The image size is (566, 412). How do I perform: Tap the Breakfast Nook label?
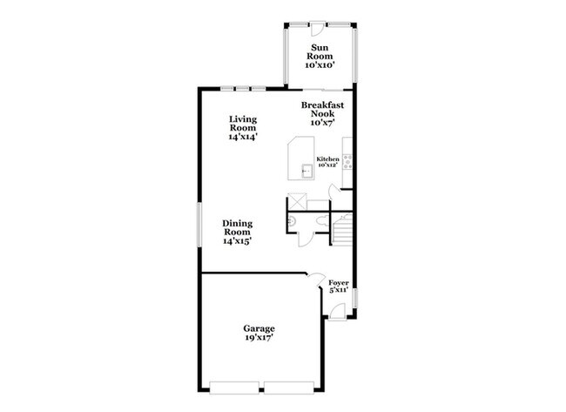pos(322,114)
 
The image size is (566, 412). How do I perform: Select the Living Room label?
pos(243,127)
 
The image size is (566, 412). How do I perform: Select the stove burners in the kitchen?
pos(347,160)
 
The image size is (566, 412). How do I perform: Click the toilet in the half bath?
pos(293,224)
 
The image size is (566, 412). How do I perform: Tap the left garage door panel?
pos(236,385)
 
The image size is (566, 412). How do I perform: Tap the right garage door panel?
pos(290,385)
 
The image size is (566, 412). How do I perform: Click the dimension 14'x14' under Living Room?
pos(243,137)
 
